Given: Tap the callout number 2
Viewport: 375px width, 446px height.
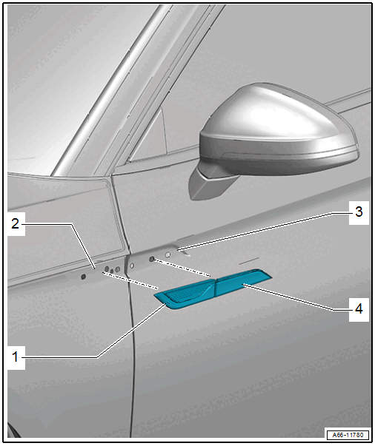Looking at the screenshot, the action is pyautogui.click(x=16, y=224).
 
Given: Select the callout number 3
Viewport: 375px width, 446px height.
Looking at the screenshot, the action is pyautogui.click(x=359, y=212).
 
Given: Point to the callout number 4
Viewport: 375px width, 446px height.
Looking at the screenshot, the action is pyautogui.click(x=359, y=309).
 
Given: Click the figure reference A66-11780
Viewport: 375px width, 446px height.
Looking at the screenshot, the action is pyautogui.click(x=348, y=435).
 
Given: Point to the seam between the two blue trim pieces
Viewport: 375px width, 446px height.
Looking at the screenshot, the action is pyautogui.click(x=215, y=287).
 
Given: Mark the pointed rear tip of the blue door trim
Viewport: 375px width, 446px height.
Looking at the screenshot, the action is pyautogui.click(x=271, y=276).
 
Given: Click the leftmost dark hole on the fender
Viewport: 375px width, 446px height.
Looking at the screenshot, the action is pyautogui.click(x=83, y=276).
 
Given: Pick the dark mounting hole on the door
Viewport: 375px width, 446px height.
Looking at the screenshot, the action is pyautogui.click(x=152, y=259).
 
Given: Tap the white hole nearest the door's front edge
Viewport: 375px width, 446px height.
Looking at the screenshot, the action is pyautogui.click(x=132, y=266).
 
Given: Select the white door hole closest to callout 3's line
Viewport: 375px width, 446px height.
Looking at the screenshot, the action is pyautogui.click(x=167, y=254).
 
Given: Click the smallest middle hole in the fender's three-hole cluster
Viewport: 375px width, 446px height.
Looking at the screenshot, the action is pyautogui.click(x=112, y=271).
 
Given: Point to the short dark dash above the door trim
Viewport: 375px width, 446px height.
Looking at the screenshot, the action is pyautogui.click(x=248, y=261).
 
